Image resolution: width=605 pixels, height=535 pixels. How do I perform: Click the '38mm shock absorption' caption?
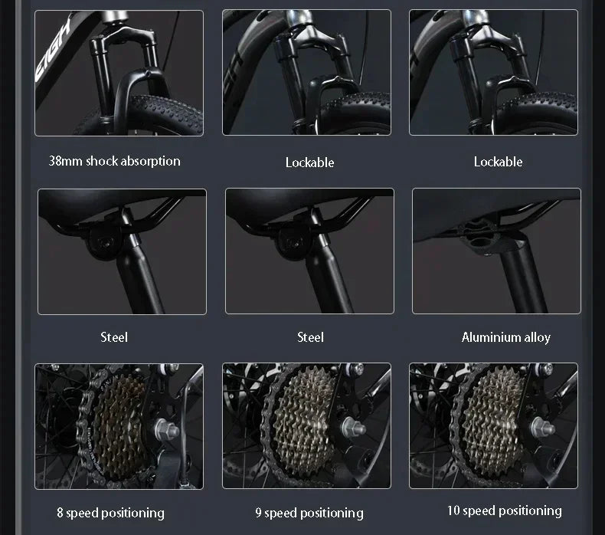pyautogui.click(x=115, y=161)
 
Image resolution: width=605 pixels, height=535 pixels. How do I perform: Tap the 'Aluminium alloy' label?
pyautogui.click(x=506, y=337)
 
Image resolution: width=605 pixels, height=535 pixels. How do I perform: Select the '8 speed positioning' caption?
pyautogui.click(x=111, y=513)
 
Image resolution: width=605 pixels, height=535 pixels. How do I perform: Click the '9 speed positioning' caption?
pyautogui.click(x=309, y=513)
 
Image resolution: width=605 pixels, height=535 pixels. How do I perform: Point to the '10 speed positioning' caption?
pyautogui.click(x=505, y=510)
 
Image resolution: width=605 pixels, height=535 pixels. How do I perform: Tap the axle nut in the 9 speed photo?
pyautogui.click(x=353, y=428)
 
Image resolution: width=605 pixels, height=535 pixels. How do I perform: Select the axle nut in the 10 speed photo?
pyautogui.click(x=542, y=428)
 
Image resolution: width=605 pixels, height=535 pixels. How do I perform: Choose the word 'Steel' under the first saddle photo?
pyautogui.click(x=114, y=337)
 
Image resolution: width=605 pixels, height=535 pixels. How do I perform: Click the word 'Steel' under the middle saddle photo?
pyautogui.click(x=310, y=337)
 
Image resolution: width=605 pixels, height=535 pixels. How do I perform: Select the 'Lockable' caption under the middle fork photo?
pyautogui.click(x=310, y=162)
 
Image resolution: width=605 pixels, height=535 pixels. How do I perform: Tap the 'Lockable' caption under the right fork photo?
pyautogui.click(x=498, y=162)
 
